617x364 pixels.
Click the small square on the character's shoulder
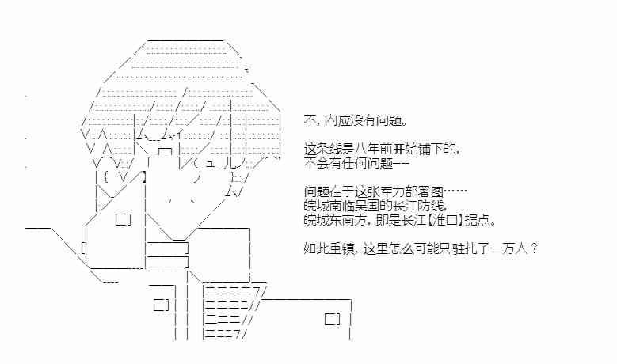click(124, 219)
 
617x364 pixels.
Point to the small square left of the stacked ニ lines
click(161, 304)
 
